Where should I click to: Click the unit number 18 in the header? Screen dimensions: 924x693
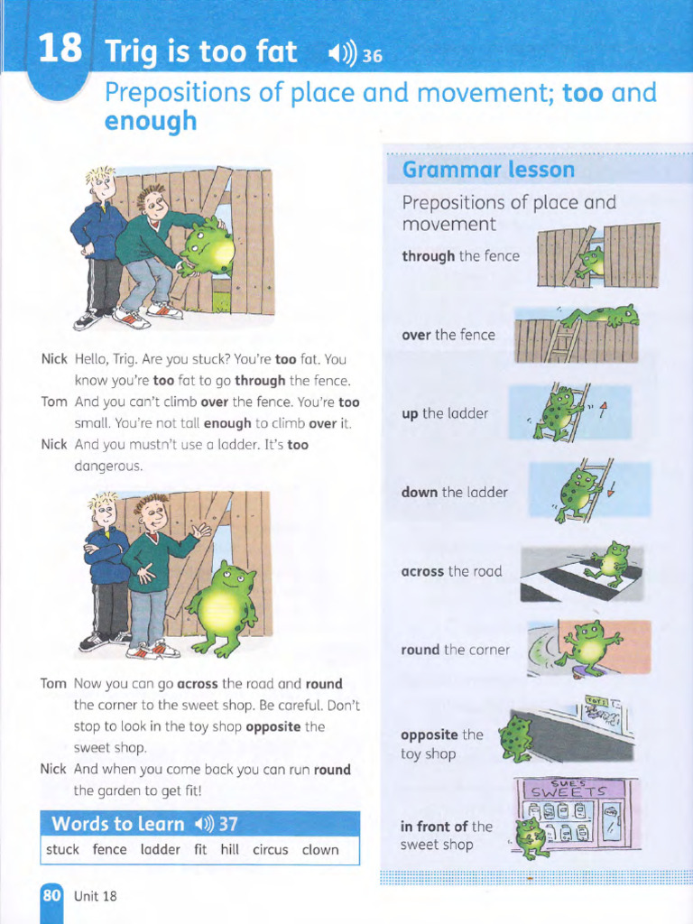click(60, 49)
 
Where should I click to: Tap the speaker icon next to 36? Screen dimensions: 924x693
click(344, 56)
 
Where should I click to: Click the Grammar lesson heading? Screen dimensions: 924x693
click(487, 170)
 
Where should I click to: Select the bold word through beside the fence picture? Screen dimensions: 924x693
click(429, 256)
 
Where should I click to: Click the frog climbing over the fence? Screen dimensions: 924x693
click(603, 316)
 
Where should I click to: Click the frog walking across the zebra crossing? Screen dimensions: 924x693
click(609, 564)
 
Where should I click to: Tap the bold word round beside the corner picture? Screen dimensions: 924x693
click(420, 650)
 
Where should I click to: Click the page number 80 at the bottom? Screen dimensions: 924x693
click(51, 895)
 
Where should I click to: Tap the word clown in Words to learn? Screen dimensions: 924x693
click(320, 849)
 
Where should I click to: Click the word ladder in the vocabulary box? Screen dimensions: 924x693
click(161, 849)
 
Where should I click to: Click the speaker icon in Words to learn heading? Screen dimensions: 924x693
click(203, 824)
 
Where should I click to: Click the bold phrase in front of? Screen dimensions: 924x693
click(434, 826)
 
